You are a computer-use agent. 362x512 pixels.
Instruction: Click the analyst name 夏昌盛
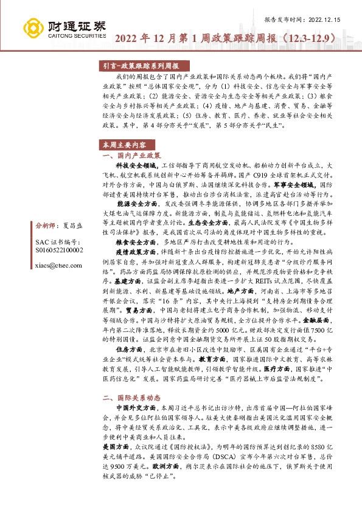[x=72, y=224]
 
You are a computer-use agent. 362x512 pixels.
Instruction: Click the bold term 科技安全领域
[x=136, y=165]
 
